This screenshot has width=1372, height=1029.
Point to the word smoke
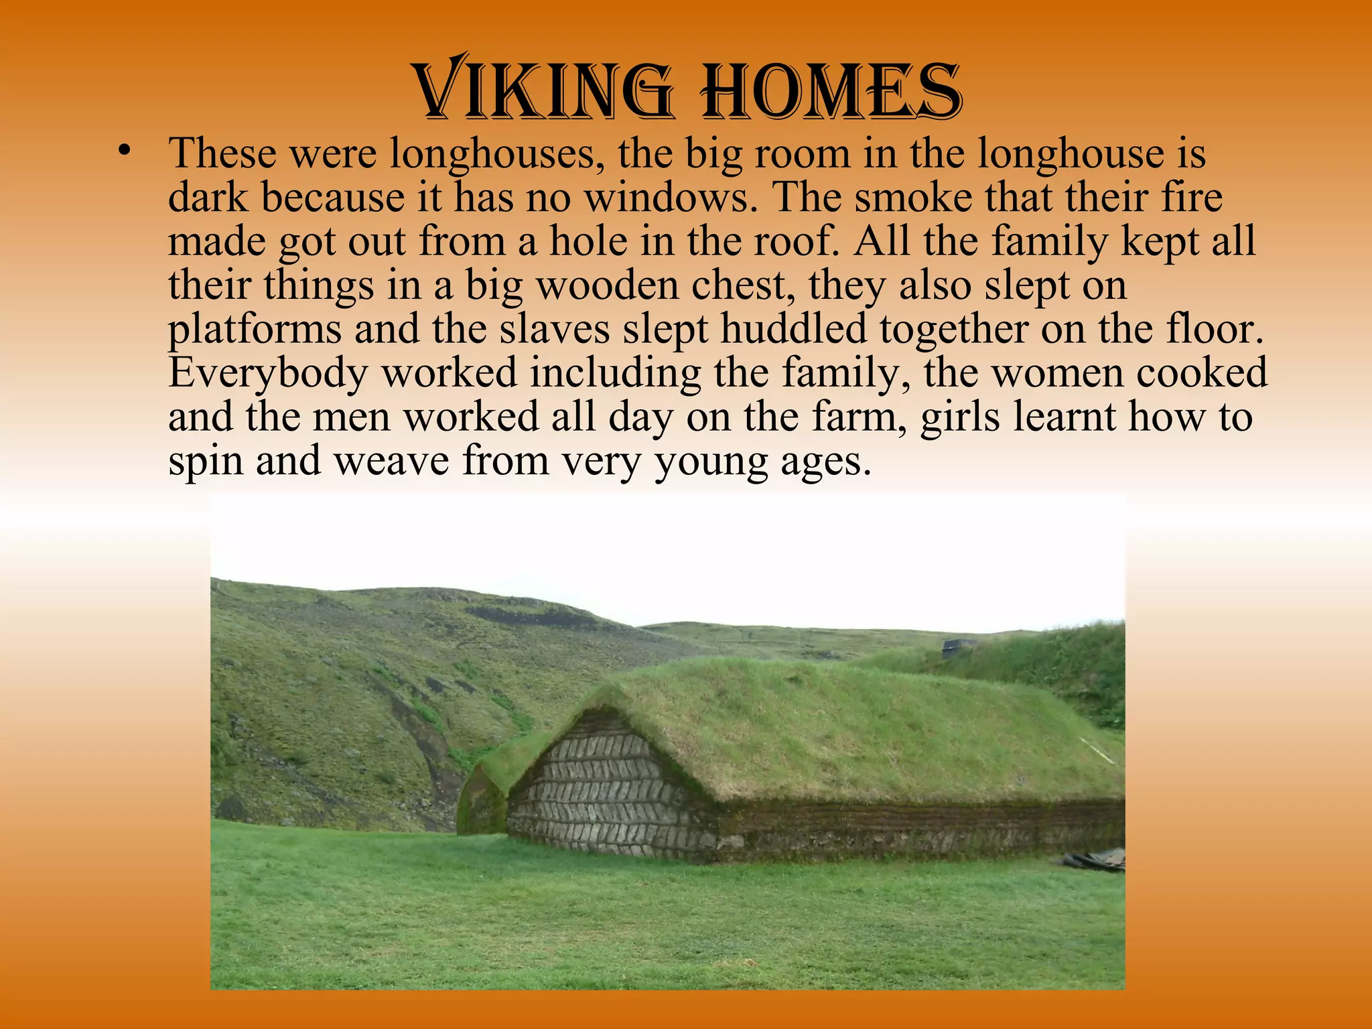[x=911, y=197]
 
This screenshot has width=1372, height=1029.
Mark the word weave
[x=391, y=461]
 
